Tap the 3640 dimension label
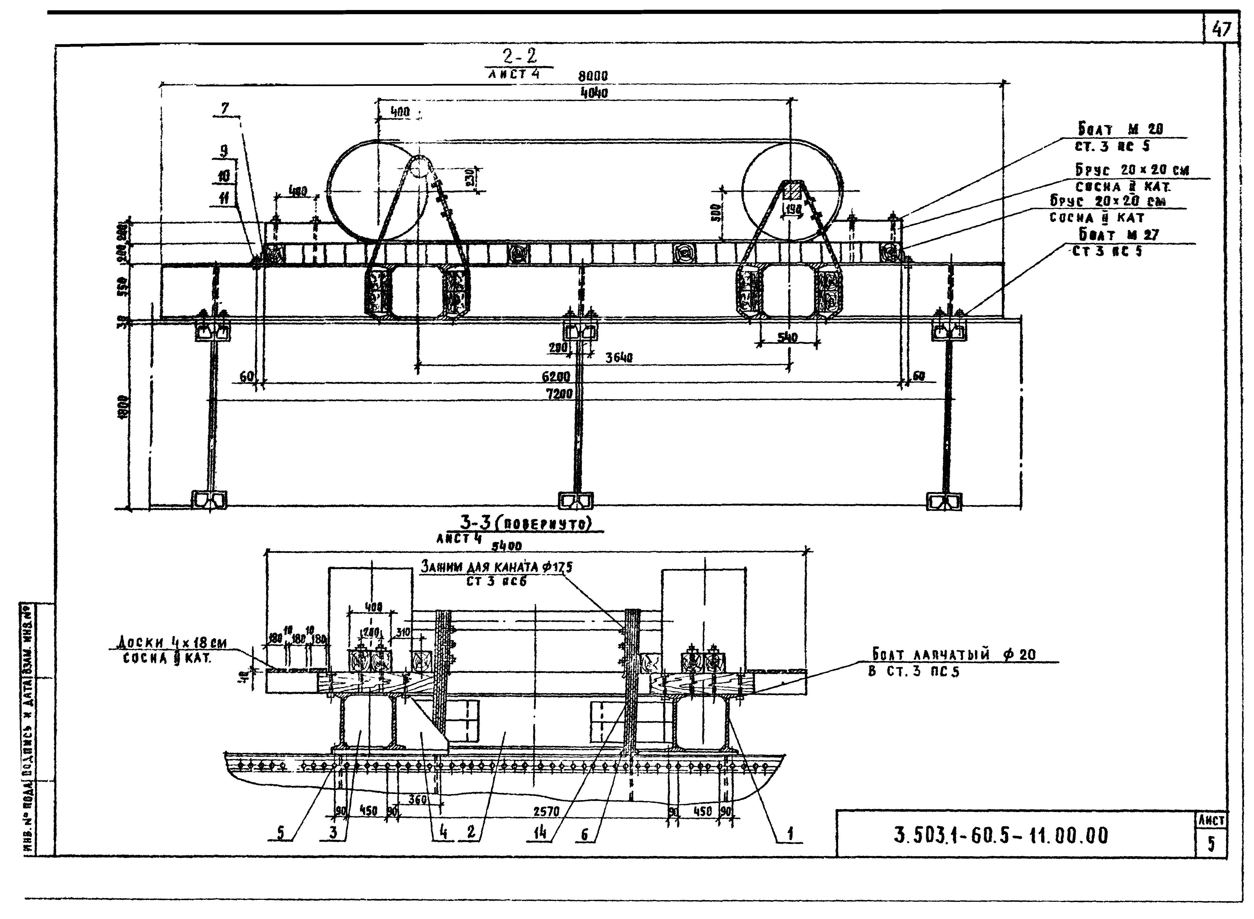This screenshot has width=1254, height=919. pos(619,358)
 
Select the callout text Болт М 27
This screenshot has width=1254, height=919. pos(1119,235)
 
